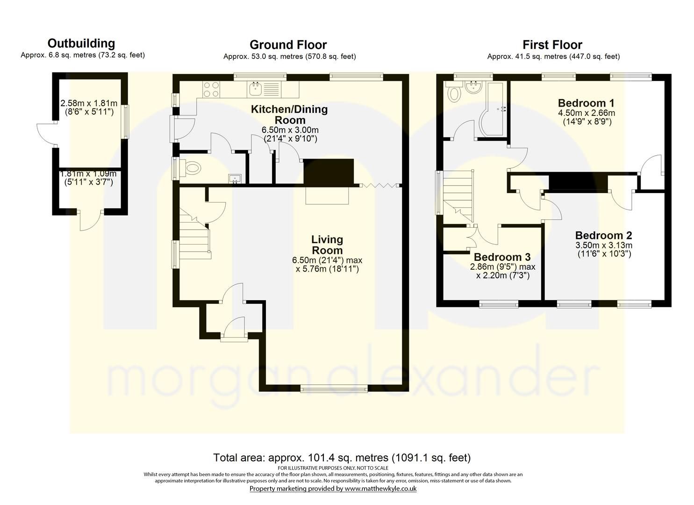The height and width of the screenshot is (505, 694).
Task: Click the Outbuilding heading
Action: click(x=81, y=43)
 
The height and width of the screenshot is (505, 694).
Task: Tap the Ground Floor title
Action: click(x=288, y=45)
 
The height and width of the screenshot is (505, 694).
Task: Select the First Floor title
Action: click(x=552, y=45)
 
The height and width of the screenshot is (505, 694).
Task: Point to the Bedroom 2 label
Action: click(x=603, y=235)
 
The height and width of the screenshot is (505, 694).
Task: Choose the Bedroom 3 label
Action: click(x=502, y=257)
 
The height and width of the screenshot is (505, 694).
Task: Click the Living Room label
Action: click(x=327, y=245)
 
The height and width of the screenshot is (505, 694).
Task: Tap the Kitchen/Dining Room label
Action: click(x=289, y=115)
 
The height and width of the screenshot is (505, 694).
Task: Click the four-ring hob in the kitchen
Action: click(x=211, y=89)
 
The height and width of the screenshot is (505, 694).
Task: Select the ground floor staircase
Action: click(x=193, y=236)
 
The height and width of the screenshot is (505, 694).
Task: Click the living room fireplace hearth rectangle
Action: click(x=327, y=195)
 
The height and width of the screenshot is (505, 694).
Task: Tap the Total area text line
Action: click(x=342, y=457)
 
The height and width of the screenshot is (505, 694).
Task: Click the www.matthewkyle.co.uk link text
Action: click(x=380, y=489)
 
